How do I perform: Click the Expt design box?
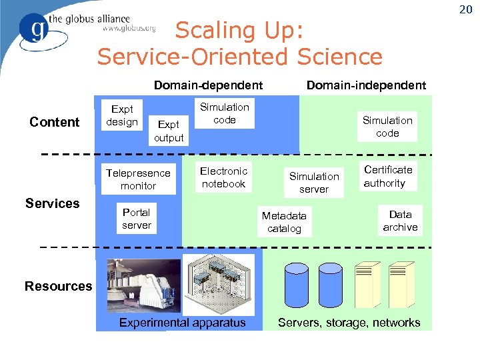tap(122, 116)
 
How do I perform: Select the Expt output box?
tap(169, 131)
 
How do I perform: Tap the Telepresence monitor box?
tap(139, 179)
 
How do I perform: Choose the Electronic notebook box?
tap(224, 177)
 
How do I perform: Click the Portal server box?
tap(137, 219)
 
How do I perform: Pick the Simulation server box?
tap(314, 183)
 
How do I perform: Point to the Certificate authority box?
tap(389, 176)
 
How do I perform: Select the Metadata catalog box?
tap(285, 222)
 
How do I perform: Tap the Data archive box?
tap(400, 221)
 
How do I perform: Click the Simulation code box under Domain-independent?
tap(387, 127)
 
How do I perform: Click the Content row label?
tap(55, 122)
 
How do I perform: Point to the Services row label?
tap(53, 203)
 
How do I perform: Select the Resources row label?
tap(59, 286)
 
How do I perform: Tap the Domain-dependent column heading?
tap(208, 85)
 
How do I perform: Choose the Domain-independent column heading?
tap(366, 85)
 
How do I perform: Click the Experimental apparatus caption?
tap(182, 323)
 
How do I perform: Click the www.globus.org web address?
tap(129, 29)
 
